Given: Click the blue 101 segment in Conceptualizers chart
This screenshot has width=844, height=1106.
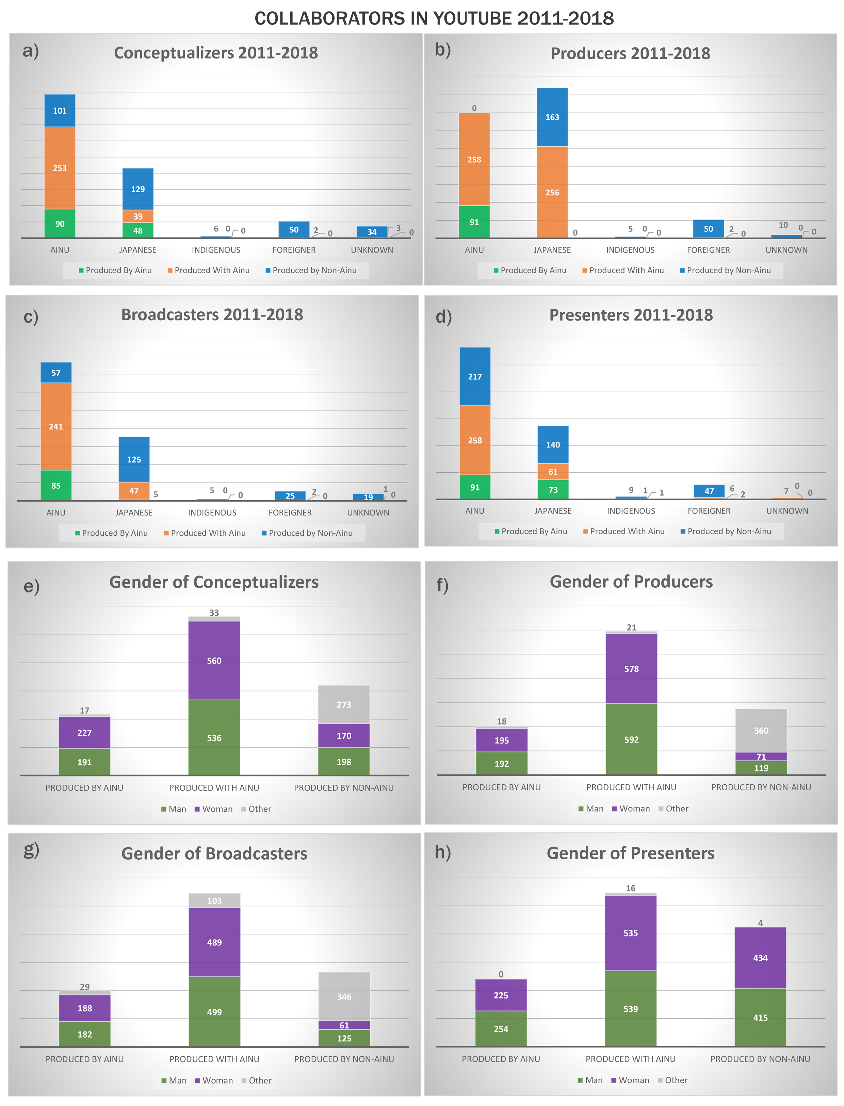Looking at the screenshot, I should (60, 111).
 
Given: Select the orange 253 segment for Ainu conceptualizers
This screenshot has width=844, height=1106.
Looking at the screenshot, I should (60, 168).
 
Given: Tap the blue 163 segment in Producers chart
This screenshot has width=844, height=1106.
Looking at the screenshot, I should (552, 117).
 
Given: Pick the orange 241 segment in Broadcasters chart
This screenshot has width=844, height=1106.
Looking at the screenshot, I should (56, 426).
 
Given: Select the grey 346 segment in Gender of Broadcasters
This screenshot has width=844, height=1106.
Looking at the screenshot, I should (344, 996).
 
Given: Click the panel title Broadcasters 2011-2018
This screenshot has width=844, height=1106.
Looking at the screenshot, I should (212, 314).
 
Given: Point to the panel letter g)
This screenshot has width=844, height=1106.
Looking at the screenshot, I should (31, 850).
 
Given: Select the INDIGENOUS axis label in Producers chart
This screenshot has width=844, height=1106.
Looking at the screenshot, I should (630, 250).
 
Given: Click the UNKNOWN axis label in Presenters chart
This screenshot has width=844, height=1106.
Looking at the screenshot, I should (787, 511).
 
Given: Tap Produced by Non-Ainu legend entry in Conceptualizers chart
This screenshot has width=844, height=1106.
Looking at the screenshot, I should (314, 270).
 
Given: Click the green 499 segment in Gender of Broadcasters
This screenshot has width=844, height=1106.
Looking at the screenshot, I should (214, 1012).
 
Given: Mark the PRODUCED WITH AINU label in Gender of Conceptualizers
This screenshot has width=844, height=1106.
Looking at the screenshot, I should (214, 787).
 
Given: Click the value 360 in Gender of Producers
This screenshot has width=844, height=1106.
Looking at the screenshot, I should (761, 730).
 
